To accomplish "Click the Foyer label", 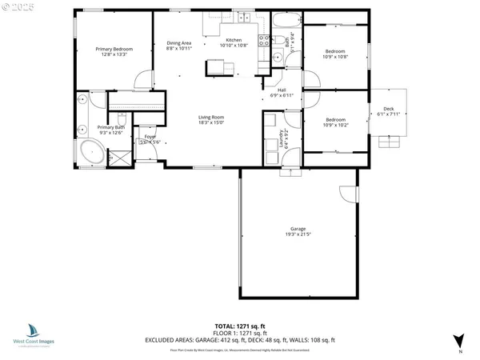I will coord(150,137).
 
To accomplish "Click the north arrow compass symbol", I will coord(458,341).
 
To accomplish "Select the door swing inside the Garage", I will coord(347,194).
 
